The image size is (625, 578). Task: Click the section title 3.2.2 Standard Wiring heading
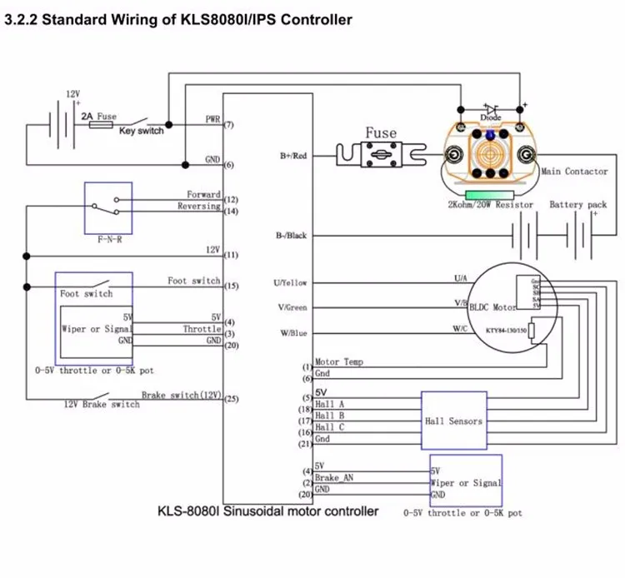(x=178, y=18)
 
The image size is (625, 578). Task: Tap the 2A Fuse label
(x=99, y=117)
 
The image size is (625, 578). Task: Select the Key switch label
(x=141, y=131)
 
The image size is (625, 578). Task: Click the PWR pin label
(x=212, y=119)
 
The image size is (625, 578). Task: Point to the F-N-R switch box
(x=108, y=207)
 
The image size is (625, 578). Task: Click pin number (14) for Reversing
(x=231, y=212)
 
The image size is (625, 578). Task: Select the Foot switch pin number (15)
(x=231, y=287)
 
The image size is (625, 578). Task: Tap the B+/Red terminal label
(x=293, y=155)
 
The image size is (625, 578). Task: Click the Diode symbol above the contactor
(x=491, y=110)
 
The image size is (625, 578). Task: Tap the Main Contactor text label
(x=574, y=172)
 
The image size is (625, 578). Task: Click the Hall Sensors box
(x=452, y=421)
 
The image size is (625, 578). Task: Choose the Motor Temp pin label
(x=340, y=362)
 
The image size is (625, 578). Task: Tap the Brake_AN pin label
(x=335, y=478)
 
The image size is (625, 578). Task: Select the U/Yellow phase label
(x=291, y=283)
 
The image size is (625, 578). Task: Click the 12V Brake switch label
(x=102, y=404)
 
